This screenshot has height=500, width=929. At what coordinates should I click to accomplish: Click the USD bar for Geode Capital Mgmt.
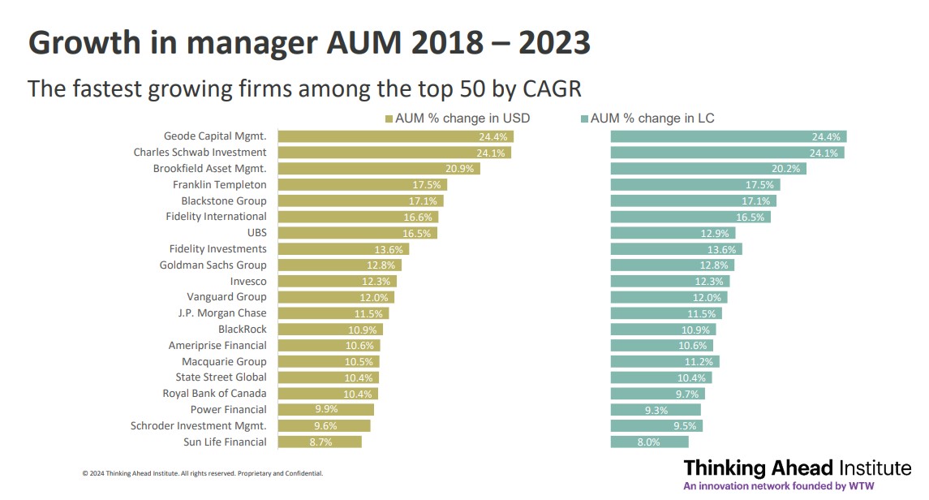[396, 136]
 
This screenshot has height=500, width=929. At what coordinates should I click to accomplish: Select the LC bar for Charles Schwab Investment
[727, 153]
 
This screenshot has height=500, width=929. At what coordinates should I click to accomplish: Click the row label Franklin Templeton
[219, 184]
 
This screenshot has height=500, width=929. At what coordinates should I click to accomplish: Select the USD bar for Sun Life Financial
[320, 442]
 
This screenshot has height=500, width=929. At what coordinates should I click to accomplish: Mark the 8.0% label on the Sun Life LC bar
[648, 442]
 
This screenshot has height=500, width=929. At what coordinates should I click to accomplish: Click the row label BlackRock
[242, 330]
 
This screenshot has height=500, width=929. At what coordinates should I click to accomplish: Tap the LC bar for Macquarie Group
[664, 361]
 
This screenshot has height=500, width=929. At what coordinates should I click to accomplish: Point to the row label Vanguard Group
[226, 297]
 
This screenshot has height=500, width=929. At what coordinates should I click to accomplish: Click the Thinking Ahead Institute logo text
[797, 468]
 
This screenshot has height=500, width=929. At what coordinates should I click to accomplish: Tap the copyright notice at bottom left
[202, 473]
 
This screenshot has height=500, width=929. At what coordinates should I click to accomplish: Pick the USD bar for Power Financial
[325, 410]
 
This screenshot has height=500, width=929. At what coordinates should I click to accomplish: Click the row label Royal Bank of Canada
[214, 394]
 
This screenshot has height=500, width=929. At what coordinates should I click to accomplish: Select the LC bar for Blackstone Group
[693, 200]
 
